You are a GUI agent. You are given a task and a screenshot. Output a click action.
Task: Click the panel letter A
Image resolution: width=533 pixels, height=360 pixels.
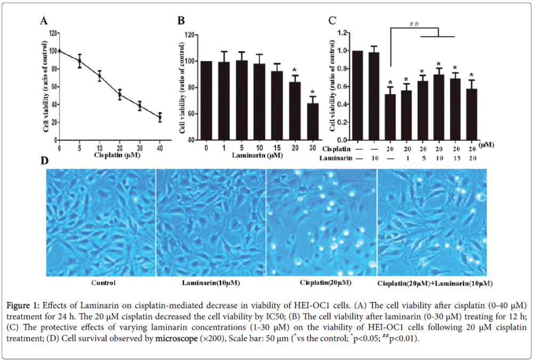pos(45,21)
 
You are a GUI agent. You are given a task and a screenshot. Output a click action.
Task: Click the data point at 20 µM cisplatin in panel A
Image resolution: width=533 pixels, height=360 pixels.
pos(120,95)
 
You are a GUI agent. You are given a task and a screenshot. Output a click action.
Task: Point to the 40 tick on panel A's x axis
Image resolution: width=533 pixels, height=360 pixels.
pos(160,148)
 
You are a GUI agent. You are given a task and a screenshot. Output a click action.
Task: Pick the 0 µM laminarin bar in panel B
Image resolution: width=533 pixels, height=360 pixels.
pos(206,100)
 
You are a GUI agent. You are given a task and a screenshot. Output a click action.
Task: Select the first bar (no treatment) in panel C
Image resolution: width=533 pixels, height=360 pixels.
pos(358,95)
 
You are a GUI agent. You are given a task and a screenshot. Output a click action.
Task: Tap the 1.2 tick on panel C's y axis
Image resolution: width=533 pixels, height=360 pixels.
pos(344,33)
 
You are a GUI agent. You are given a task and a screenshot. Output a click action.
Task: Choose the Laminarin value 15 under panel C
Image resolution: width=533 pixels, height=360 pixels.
pos(455,158)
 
